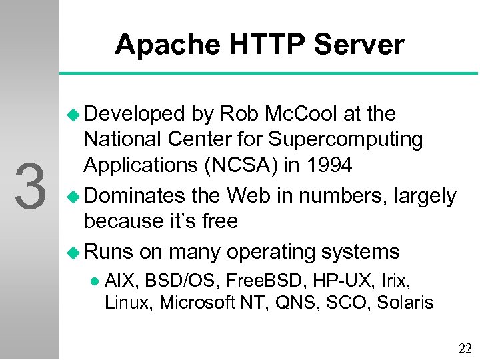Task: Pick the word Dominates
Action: (x=136, y=196)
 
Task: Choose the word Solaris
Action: (x=405, y=303)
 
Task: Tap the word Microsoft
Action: (x=193, y=303)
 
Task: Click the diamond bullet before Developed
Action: (x=74, y=115)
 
